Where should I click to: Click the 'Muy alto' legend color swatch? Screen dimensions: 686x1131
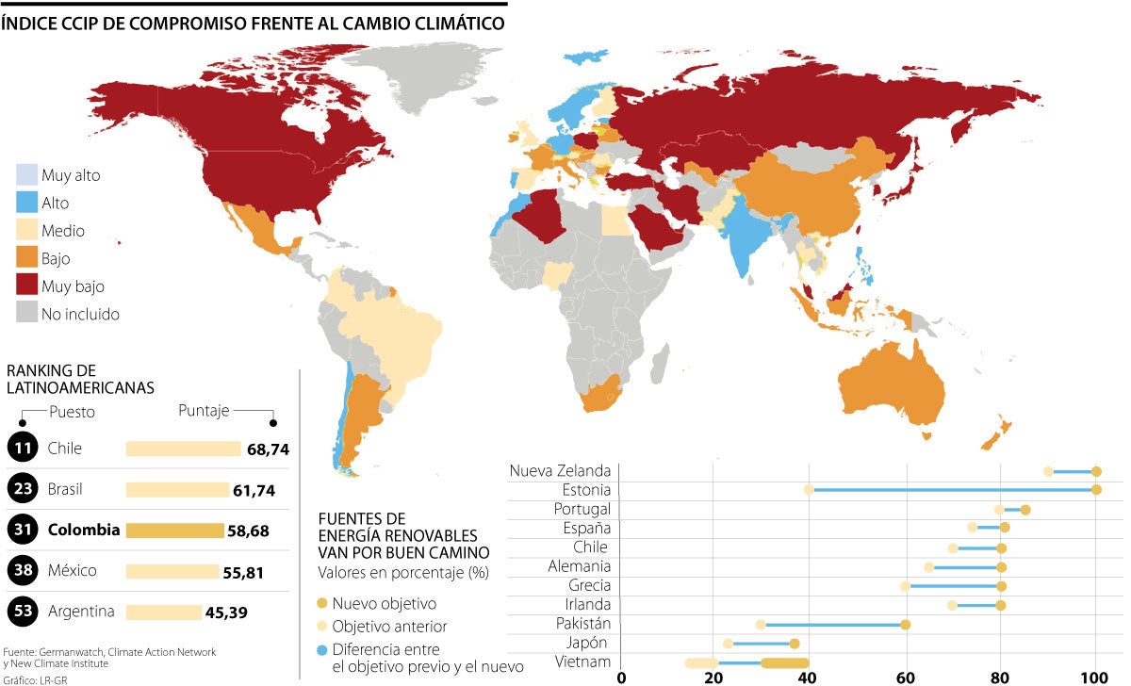click(25, 174)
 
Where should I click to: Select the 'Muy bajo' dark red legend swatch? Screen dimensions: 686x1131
click(25, 286)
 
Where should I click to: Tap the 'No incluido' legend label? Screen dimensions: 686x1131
click(80, 314)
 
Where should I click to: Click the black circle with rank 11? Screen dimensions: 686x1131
click(22, 449)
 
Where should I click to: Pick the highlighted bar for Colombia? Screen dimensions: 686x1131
click(174, 531)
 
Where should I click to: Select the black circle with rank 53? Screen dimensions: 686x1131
click(22, 612)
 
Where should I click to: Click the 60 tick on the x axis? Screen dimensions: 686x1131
click(905, 677)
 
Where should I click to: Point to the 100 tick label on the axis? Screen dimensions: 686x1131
click(1093, 677)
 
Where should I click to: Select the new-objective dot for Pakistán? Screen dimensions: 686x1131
click(905, 624)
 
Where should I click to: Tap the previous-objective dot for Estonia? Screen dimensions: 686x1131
click(809, 489)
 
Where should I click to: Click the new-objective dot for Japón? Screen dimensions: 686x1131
click(795, 644)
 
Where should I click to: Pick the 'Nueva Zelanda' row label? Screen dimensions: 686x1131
click(560, 470)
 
